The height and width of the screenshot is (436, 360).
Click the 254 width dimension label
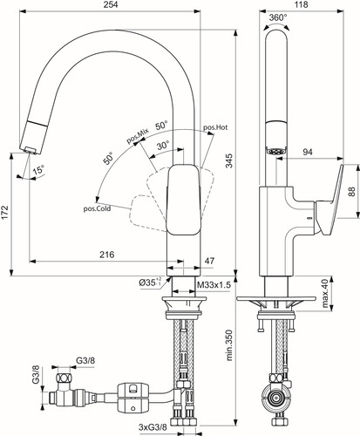point(111,5)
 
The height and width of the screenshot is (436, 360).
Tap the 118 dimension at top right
point(301,4)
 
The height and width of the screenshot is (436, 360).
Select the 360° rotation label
point(278,17)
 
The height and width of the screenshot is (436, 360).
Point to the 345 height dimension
point(229,160)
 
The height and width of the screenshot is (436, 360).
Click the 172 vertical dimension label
point(5,213)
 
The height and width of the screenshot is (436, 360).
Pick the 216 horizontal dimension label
point(107,255)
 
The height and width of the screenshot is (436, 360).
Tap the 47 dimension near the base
point(209,261)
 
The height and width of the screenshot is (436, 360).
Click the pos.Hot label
point(215,127)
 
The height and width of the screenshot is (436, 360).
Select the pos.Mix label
point(138,136)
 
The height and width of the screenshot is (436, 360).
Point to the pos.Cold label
point(97,208)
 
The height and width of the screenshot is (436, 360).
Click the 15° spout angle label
point(38,169)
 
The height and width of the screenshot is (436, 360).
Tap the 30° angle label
point(163,145)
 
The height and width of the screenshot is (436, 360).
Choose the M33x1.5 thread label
point(214,285)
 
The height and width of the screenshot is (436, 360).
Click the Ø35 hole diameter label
point(150,283)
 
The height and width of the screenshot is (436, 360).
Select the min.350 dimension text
point(229,345)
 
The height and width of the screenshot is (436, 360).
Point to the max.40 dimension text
point(325,293)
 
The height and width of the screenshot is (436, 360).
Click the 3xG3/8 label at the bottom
point(153,427)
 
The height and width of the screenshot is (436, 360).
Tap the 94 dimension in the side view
point(308,152)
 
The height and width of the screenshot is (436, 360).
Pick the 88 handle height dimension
point(351,191)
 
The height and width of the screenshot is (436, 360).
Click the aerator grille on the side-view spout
point(276,152)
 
